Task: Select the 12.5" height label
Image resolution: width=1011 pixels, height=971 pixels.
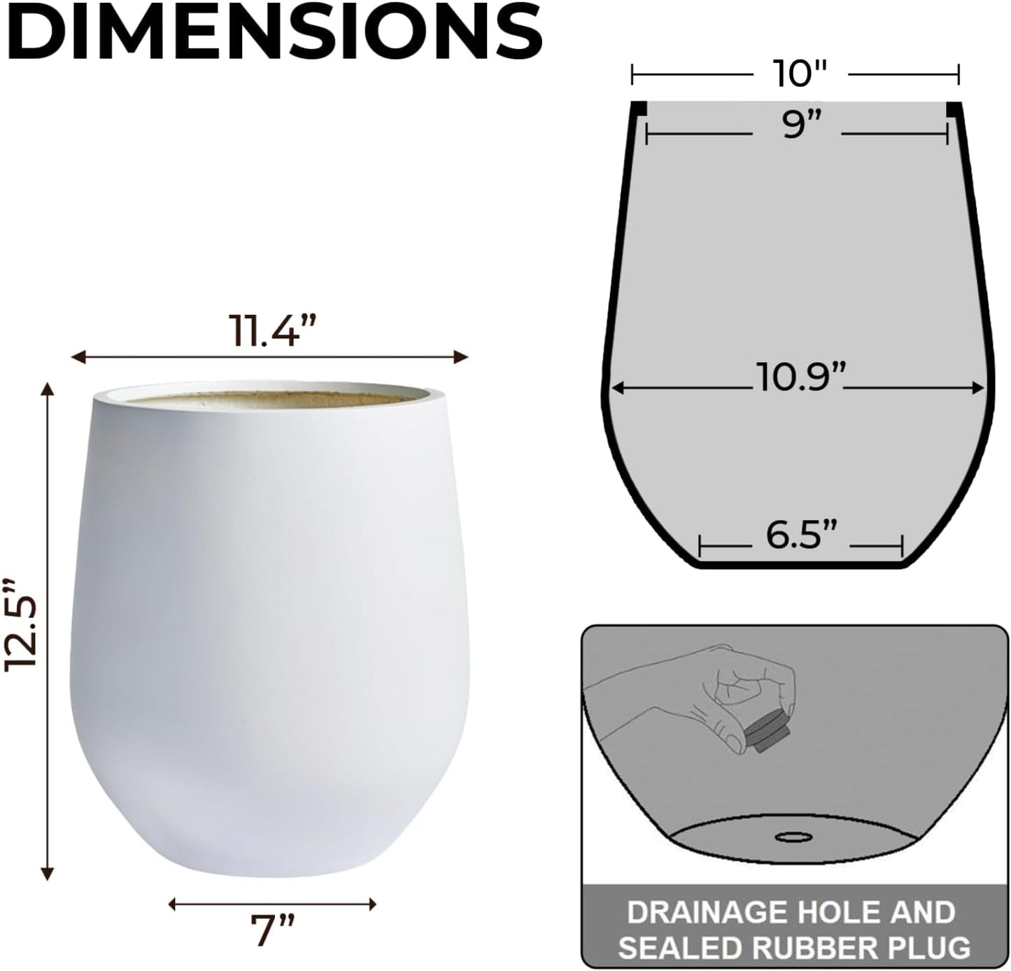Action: click(20, 625)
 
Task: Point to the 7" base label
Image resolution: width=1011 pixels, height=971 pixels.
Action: click(272, 930)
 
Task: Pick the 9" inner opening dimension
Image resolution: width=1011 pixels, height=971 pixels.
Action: click(797, 127)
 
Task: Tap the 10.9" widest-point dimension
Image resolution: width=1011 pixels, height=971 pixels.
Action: click(798, 379)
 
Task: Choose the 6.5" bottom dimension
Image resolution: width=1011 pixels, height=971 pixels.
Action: click(800, 536)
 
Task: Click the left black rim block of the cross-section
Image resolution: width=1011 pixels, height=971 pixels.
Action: click(638, 110)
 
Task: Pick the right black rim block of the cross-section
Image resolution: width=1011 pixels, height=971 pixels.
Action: click(954, 110)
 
